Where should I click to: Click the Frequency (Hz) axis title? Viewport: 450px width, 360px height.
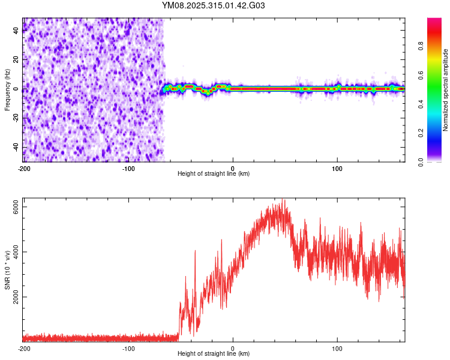(7, 89)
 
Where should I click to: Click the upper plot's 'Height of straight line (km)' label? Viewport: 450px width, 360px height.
(214, 173)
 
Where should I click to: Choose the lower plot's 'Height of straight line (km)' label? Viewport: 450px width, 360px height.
(214, 353)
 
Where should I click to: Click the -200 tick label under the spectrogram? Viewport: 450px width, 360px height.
(24, 168)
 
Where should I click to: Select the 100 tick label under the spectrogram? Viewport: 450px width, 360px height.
(337, 168)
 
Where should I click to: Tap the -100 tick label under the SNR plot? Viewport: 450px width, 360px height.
(128, 348)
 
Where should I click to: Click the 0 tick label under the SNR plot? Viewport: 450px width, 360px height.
(233, 348)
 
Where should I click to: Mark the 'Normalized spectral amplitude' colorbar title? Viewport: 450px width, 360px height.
(446, 89)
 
